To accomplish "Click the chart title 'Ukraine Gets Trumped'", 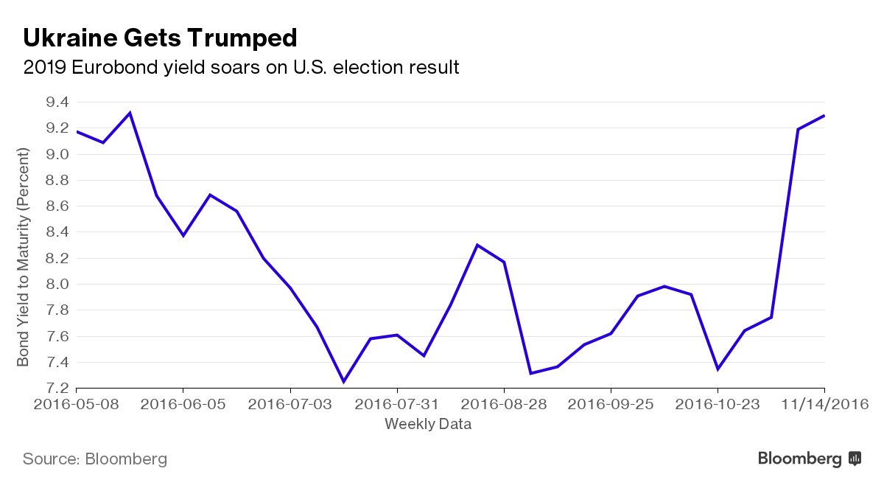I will [x=160, y=38].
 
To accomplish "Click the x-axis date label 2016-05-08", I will [x=76, y=404].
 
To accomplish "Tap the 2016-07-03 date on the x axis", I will [x=290, y=404].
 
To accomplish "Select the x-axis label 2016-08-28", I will [x=504, y=404].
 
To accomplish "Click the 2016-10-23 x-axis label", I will [x=718, y=404].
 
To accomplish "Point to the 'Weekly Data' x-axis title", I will [x=428, y=424].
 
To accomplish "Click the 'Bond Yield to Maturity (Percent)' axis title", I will [x=24, y=257].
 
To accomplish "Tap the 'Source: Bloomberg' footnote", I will [x=95, y=459].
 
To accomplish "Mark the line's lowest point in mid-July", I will [x=343, y=382].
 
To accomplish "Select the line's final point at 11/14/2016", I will [x=824, y=116].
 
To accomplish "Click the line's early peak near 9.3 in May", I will [x=130, y=113].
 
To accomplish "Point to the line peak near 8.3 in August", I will [x=477, y=245].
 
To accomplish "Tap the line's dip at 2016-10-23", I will [x=718, y=369].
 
